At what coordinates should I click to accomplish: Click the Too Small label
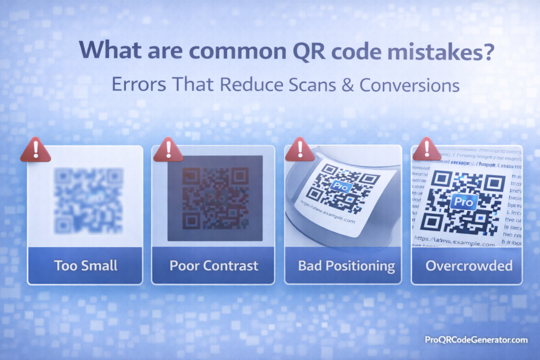pos(85,265)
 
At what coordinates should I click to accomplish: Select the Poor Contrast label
pos(214,265)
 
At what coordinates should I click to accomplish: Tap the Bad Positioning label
pos(346,265)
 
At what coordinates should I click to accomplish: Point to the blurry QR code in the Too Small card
pos(88,200)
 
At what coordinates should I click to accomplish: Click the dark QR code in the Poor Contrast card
pos(214,198)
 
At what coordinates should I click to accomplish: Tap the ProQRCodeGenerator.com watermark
pos(476,340)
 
